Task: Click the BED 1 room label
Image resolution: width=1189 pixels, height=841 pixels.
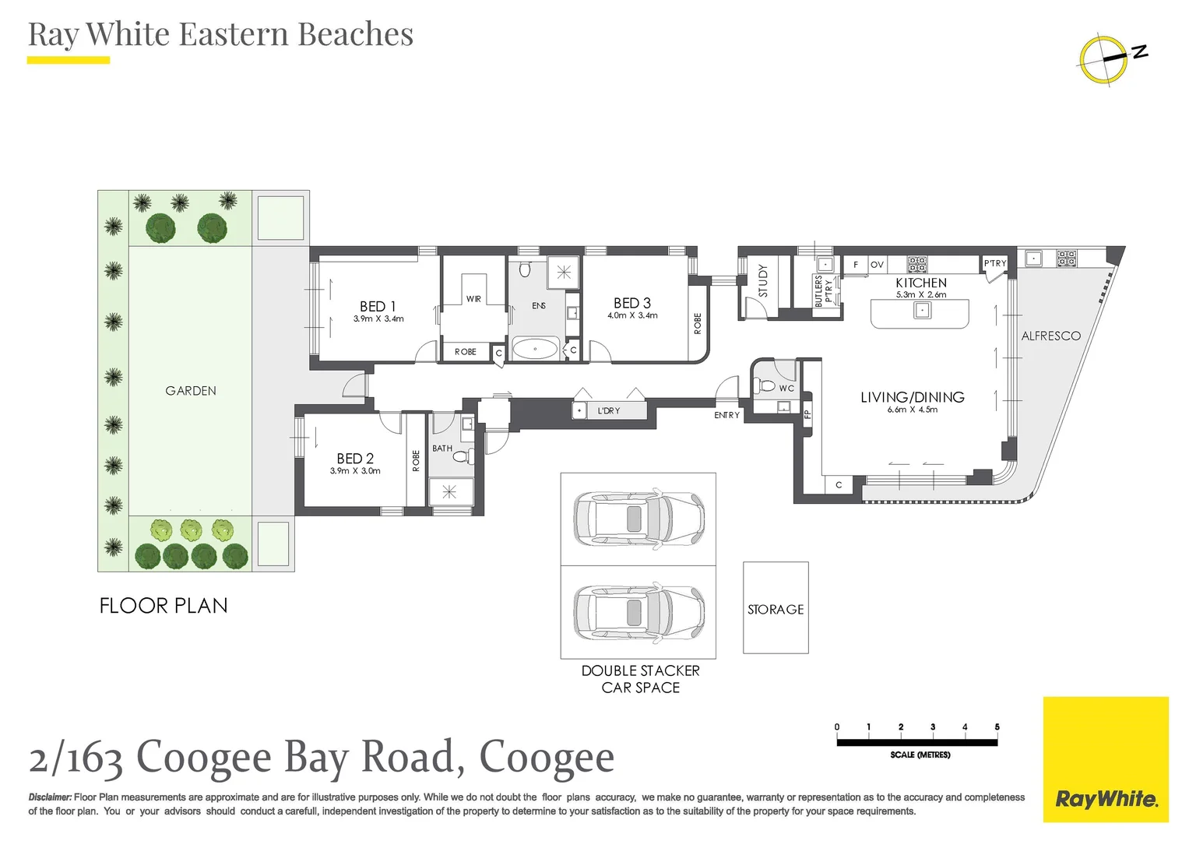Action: click(x=378, y=306)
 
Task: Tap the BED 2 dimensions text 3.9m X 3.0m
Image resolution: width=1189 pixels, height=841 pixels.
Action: click(x=355, y=471)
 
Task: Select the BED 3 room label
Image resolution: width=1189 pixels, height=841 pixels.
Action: click(x=631, y=303)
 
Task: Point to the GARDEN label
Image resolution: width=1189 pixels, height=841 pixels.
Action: click(x=191, y=391)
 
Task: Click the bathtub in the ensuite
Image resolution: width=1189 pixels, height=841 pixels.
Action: click(x=535, y=349)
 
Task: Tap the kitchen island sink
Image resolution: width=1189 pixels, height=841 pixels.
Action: click(x=922, y=310)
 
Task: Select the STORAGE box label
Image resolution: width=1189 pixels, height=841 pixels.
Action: click(x=776, y=610)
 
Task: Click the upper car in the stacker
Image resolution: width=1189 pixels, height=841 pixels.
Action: click(x=638, y=519)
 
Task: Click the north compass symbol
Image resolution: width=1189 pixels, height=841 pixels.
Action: click(x=1104, y=58)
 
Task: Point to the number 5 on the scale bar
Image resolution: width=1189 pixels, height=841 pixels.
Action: click(x=997, y=727)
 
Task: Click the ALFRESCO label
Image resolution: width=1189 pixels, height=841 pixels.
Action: click(x=1050, y=336)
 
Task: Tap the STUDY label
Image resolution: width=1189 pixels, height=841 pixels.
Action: click(x=763, y=280)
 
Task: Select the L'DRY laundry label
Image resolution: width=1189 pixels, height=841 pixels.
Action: click(x=609, y=410)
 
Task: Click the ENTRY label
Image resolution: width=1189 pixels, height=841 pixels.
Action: click(x=726, y=415)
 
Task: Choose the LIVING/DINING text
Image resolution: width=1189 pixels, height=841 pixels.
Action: click(x=912, y=397)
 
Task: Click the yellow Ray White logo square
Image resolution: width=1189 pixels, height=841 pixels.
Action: click(x=1106, y=759)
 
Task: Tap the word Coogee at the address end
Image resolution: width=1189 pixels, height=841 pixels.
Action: click(x=547, y=757)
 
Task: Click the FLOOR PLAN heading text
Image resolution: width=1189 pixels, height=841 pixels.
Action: click(x=164, y=606)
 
